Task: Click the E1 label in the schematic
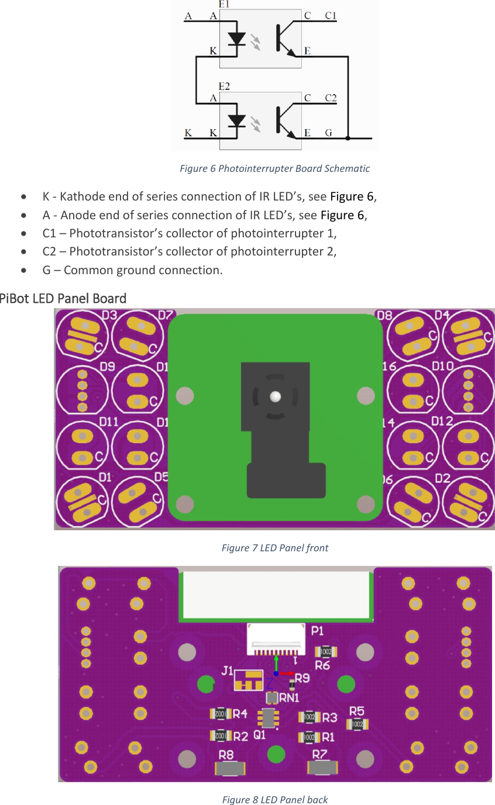pos(224,4)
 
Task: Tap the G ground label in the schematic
pos(329,133)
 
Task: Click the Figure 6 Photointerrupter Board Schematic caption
pos(274,169)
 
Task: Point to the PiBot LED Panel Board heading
pos(63,298)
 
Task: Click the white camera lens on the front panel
pos(275,397)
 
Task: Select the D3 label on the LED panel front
pos(109,316)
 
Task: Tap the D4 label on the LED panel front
pos(442,315)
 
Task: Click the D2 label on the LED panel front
pos(442,479)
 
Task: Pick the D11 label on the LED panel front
pos(109,421)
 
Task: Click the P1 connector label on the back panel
pos(318,631)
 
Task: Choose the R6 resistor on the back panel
pos(325,652)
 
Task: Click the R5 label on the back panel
pos(357,711)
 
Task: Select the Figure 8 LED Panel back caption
pos(274,799)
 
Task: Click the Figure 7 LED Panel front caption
pos(274,548)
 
